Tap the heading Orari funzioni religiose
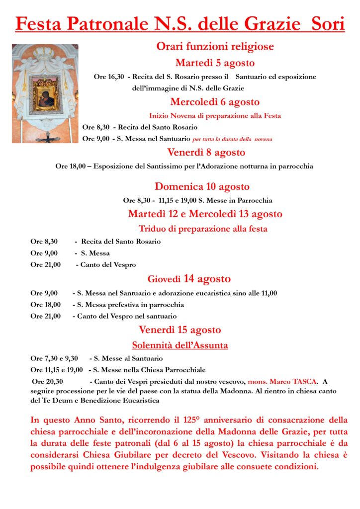(x=215, y=47)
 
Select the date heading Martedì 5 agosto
(x=215, y=63)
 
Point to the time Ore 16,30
(x=108, y=77)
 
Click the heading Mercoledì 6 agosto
(x=215, y=102)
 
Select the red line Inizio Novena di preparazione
(x=215, y=116)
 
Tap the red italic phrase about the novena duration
(x=232, y=139)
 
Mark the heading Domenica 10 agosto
(x=202, y=187)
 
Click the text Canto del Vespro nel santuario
(x=126, y=316)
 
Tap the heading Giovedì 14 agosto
(x=189, y=279)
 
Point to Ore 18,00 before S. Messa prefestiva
(x=45, y=305)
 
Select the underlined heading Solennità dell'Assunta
(x=180, y=345)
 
